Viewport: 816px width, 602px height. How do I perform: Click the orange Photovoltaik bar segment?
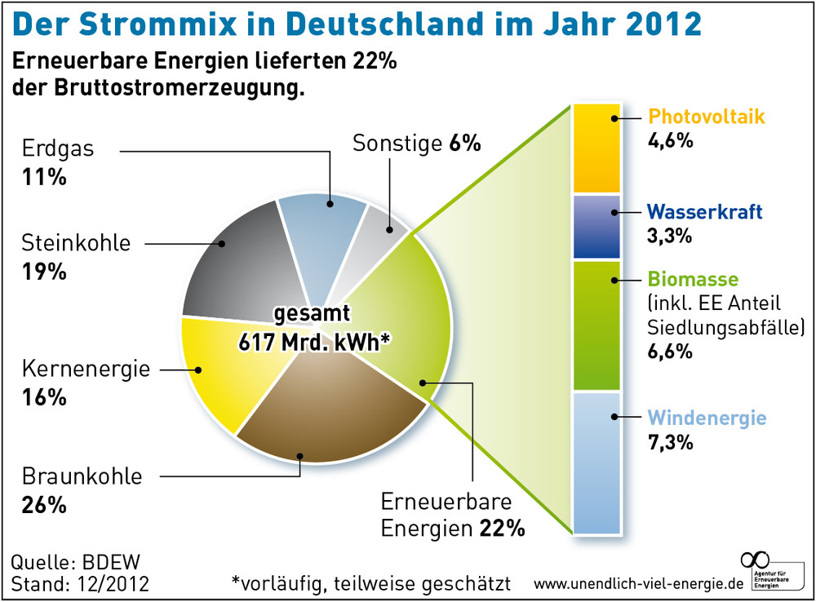[x=597, y=148]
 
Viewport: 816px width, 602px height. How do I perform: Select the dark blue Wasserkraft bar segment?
[x=597, y=227]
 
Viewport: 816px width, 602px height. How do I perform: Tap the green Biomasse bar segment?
[x=597, y=325]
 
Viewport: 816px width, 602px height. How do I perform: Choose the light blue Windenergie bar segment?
[x=597, y=462]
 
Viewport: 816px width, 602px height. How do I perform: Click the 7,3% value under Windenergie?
[x=670, y=443]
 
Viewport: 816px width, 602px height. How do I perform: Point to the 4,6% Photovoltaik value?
[x=670, y=140]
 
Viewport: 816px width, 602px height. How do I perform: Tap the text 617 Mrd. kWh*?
[x=313, y=342]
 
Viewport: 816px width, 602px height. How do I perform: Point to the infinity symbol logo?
[x=755, y=560]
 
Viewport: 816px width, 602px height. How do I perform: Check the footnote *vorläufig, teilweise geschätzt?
[x=371, y=584]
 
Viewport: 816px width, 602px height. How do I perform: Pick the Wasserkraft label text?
[x=704, y=212]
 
